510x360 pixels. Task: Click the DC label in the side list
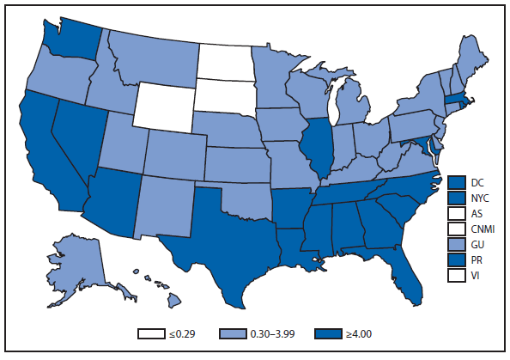(478, 181)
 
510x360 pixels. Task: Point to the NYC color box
(456, 197)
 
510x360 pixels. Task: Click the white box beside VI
(456, 274)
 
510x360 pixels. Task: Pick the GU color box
(456, 243)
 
